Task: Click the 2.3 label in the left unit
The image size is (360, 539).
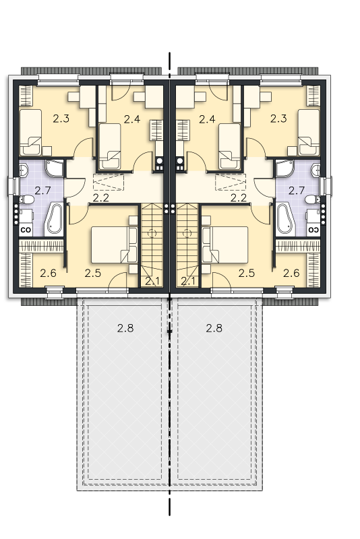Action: [x=61, y=119]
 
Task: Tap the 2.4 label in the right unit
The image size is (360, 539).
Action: [x=208, y=119]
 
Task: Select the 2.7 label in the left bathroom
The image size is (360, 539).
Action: [x=43, y=191]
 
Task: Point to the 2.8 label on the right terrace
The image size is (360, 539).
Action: [x=214, y=328]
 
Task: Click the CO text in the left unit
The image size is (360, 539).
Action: [x=26, y=230]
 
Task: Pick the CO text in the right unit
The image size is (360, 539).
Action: [x=313, y=230]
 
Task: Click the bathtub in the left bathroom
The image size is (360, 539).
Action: [x=54, y=219]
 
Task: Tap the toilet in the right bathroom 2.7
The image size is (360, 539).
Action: [x=312, y=199]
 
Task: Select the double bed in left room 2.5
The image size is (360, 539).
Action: [x=114, y=245]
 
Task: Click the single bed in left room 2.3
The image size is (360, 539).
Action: [x=30, y=132]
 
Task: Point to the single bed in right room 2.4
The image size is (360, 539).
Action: [x=229, y=146]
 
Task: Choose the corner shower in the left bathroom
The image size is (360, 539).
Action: [x=55, y=168]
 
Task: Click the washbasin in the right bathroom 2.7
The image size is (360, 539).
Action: [x=316, y=170]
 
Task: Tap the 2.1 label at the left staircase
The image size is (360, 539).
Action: [x=152, y=281]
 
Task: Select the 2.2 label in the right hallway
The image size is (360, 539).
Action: [x=239, y=198]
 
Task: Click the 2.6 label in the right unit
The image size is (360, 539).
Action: [x=291, y=274]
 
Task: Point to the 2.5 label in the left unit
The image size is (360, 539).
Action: [x=93, y=274]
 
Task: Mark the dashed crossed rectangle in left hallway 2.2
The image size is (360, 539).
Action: [x=109, y=182]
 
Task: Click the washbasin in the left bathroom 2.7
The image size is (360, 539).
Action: [x=24, y=170]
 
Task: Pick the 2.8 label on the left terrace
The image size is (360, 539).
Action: [x=125, y=328]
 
